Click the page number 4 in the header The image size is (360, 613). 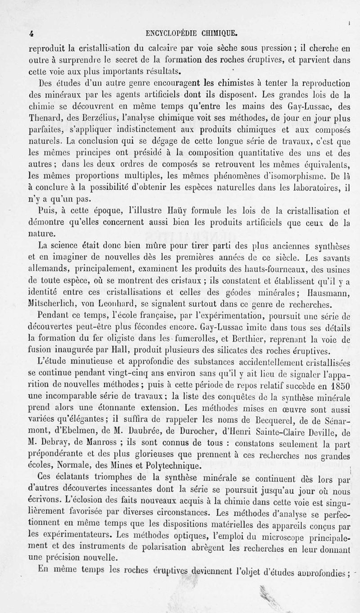(31, 32)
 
